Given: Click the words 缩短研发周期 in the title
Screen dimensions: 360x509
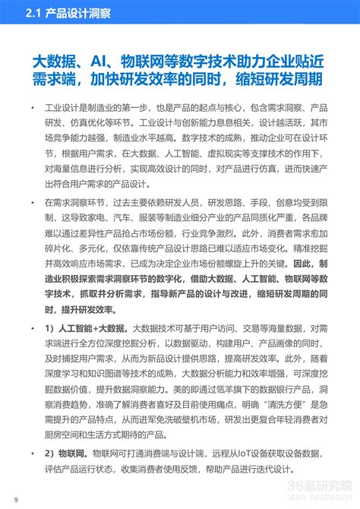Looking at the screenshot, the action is (x=285, y=81).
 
